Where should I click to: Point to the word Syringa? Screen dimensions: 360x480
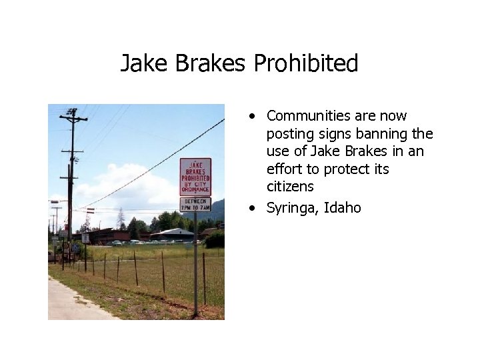(293, 208)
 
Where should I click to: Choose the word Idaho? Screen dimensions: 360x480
(343, 207)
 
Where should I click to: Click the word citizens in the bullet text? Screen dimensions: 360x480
(290, 187)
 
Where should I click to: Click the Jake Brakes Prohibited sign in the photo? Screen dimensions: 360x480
(195, 177)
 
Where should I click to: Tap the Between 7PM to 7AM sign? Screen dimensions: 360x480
(195, 205)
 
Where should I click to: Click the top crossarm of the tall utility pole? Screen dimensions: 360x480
(73, 119)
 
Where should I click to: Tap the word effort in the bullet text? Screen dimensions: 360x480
(285, 169)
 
